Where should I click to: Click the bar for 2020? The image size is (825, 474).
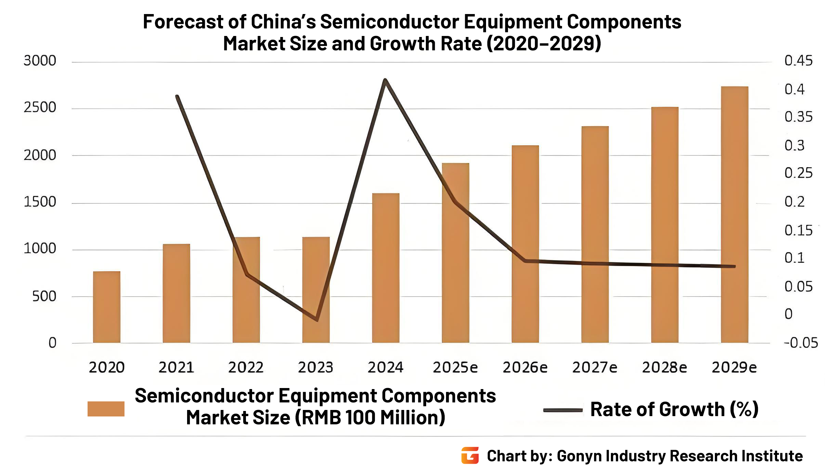tap(106, 307)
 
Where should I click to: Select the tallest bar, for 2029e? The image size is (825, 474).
tap(734, 214)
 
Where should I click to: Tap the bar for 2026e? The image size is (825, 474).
tap(525, 244)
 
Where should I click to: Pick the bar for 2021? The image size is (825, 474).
tap(176, 293)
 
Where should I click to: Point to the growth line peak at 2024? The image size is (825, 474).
tap(385, 80)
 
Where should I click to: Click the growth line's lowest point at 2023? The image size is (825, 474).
tap(317, 320)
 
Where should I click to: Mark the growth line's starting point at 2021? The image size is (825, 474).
tap(177, 97)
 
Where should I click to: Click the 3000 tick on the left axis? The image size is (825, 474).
tap(40, 61)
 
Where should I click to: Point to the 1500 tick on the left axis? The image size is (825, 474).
tap(40, 202)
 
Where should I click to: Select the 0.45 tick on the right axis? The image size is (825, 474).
tap(798, 61)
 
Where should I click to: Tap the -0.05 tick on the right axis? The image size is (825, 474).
tap(801, 343)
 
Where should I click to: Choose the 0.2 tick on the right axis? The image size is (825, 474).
tap(794, 202)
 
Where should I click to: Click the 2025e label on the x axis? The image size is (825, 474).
tap(455, 367)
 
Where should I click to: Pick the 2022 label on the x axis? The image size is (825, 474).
tap(246, 367)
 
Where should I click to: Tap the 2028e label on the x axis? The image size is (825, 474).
tap(664, 367)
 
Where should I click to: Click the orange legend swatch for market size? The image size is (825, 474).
tap(106, 409)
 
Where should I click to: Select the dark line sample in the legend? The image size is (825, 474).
tap(563, 410)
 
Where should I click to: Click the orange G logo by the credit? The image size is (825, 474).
tap(470, 456)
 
